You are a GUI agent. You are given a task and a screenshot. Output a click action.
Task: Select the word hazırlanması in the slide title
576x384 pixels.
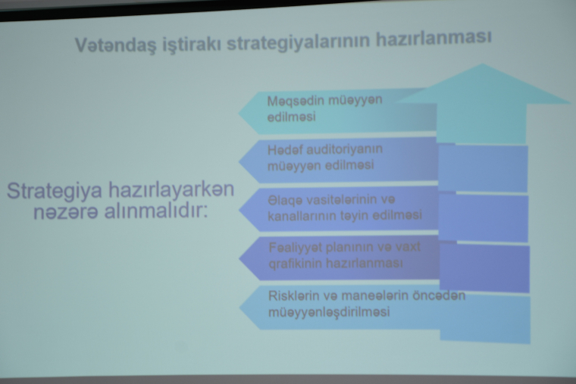[x=433, y=38]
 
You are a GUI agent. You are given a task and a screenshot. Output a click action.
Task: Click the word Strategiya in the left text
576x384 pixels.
[x=55, y=192]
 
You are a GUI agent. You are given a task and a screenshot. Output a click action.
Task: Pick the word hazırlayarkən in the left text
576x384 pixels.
[x=171, y=190]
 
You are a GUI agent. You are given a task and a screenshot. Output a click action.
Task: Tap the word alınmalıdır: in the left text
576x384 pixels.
[x=156, y=211]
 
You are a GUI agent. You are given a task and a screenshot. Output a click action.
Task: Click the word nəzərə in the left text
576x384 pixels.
[x=66, y=212]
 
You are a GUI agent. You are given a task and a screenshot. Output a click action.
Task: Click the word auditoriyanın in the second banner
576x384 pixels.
[x=344, y=149]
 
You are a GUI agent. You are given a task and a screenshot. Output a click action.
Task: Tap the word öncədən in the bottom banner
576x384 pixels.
[x=439, y=295]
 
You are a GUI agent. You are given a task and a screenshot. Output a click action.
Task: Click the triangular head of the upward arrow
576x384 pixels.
[x=483, y=84]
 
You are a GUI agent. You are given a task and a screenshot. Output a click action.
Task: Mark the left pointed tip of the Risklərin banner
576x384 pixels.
[x=239, y=308]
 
